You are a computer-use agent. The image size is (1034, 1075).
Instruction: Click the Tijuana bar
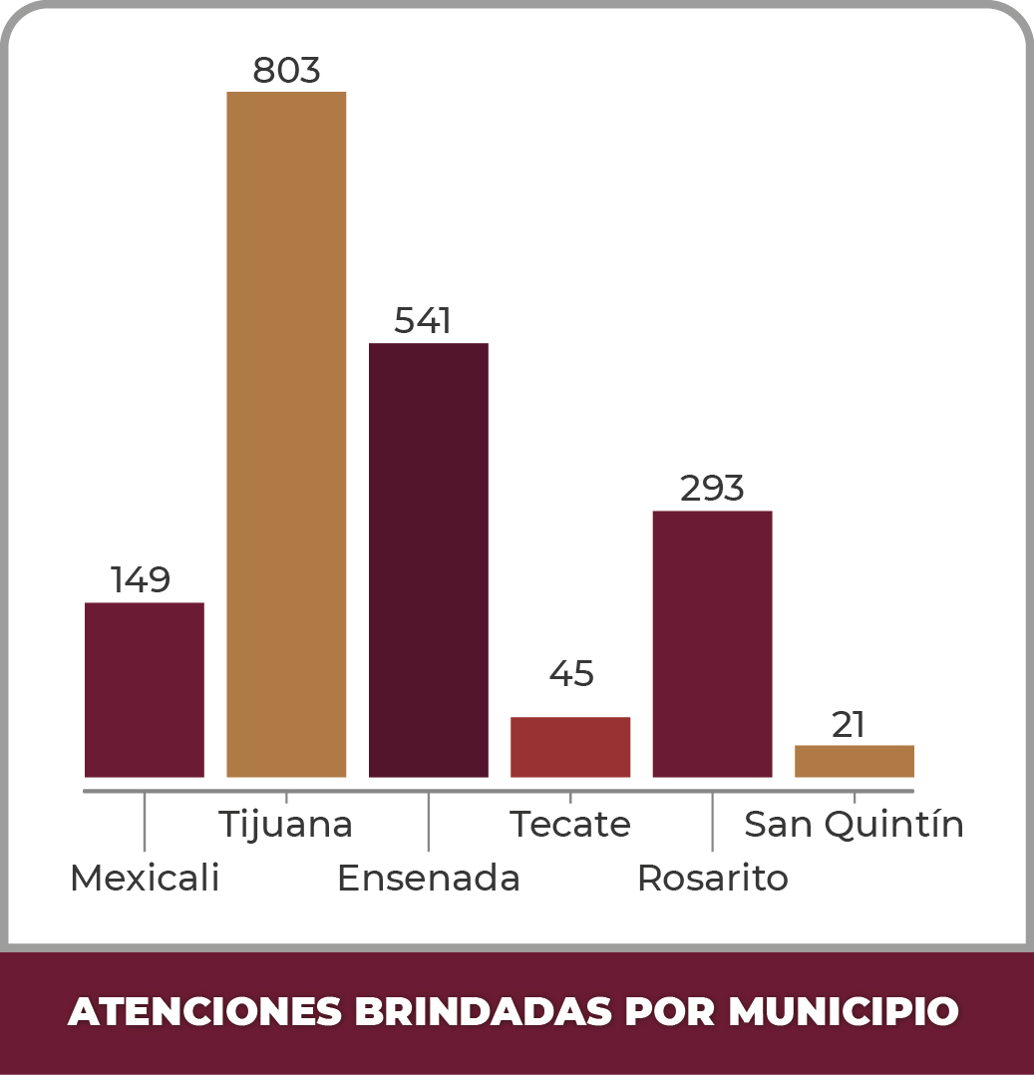click(286, 434)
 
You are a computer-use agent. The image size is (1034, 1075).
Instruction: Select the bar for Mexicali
click(145, 689)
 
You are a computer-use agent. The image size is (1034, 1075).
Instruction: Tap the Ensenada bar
click(429, 559)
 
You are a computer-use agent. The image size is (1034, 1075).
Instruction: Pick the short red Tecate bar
click(570, 747)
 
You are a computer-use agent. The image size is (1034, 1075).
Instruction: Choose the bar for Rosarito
click(712, 643)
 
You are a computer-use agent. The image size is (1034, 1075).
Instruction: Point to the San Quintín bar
click(855, 761)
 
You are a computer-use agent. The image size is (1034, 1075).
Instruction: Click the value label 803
click(286, 71)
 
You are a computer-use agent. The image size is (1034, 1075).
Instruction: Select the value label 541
click(423, 321)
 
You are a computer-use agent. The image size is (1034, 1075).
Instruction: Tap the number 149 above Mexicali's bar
click(141, 579)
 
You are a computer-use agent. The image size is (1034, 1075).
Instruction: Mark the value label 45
click(571, 674)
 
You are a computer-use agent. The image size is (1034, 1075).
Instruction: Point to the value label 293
click(712, 489)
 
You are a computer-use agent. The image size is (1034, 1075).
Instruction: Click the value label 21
click(849, 725)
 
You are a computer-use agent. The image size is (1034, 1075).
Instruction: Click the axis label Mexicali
click(145, 879)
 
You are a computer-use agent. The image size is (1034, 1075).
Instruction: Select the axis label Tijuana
click(285, 825)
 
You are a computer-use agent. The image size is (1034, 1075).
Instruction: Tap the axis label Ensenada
click(429, 879)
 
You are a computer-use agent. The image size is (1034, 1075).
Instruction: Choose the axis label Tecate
click(570, 825)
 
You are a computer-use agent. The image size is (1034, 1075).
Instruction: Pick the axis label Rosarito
click(713, 879)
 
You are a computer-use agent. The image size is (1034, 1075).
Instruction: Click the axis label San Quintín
click(855, 825)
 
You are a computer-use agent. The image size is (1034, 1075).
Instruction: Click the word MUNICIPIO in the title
click(843, 1011)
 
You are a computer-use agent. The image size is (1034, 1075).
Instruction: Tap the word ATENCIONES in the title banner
click(204, 1011)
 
